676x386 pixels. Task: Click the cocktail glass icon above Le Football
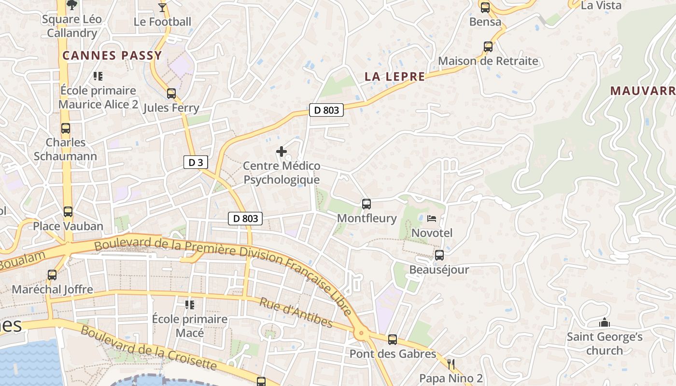click(x=162, y=7)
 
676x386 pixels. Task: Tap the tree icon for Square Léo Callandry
click(x=72, y=5)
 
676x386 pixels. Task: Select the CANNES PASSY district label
click(x=112, y=55)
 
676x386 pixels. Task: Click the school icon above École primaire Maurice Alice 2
click(x=98, y=76)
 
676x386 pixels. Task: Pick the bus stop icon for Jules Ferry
click(x=171, y=93)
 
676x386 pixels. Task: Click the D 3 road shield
click(x=196, y=163)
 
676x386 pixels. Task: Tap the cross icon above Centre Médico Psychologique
click(x=281, y=152)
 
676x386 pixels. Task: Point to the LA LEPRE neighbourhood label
click(x=394, y=76)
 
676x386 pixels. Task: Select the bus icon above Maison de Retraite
click(x=488, y=47)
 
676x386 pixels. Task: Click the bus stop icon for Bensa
click(x=485, y=8)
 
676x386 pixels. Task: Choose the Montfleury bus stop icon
click(x=366, y=204)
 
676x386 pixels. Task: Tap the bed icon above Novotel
click(x=432, y=219)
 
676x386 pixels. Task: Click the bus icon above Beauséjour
click(x=439, y=255)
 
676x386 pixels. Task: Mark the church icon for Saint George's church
click(x=605, y=322)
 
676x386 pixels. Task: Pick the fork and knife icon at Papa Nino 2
click(x=451, y=364)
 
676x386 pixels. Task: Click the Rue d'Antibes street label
click(x=296, y=313)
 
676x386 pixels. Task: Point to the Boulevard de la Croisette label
click(x=149, y=348)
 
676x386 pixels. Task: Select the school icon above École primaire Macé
click(x=189, y=304)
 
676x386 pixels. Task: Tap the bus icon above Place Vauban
click(x=68, y=212)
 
